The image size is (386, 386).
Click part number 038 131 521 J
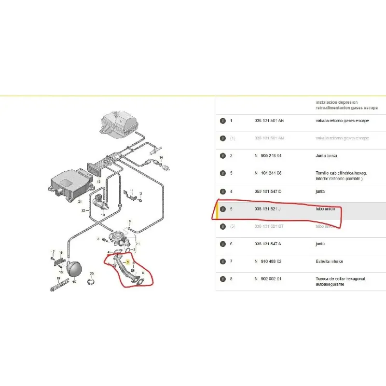click(268, 209)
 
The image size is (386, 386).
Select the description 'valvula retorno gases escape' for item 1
click(342, 121)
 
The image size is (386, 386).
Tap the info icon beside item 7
click(223, 262)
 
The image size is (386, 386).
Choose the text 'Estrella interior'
click(330, 262)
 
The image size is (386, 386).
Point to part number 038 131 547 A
click(268, 244)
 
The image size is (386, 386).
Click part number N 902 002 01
click(268, 279)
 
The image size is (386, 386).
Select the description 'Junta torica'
click(326, 156)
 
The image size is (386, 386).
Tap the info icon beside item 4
click(223, 192)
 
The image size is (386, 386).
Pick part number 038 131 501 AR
click(269, 121)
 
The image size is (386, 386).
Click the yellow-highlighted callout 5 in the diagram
click(127, 262)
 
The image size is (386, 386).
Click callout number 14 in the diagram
click(162, 158)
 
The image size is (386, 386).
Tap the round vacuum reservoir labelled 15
click(74, 267)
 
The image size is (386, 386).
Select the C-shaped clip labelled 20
click(92, 281)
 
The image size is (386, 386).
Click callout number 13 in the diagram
click(99, 182)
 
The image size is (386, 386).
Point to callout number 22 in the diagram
click(83, 211)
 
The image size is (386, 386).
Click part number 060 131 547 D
click(268, 192)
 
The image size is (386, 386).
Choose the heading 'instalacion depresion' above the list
click(337, 102)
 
